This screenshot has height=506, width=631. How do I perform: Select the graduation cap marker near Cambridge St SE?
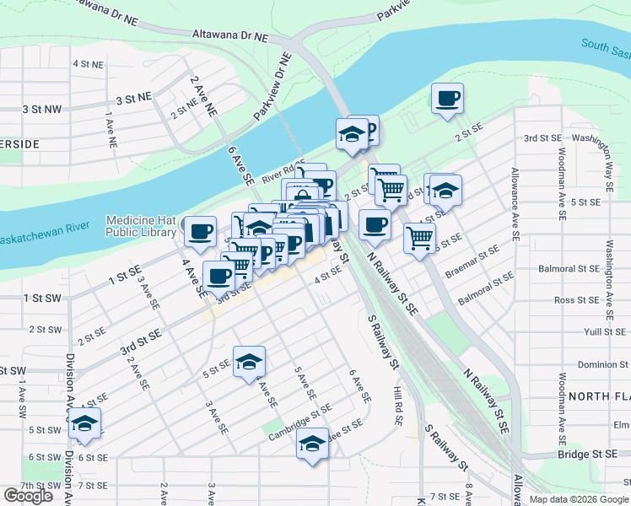(x=312, y=442)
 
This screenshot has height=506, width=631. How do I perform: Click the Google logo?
(x=28, y=495)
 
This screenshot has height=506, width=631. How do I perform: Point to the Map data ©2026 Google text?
(x=579, y=499)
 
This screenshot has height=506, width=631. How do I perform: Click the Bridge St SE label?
(x=587, y=455)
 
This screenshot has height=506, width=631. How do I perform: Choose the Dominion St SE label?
(x=587, y=365)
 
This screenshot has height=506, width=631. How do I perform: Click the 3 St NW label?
(x=42, y=110)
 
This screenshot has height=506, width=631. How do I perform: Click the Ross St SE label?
(x=576, y=300)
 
